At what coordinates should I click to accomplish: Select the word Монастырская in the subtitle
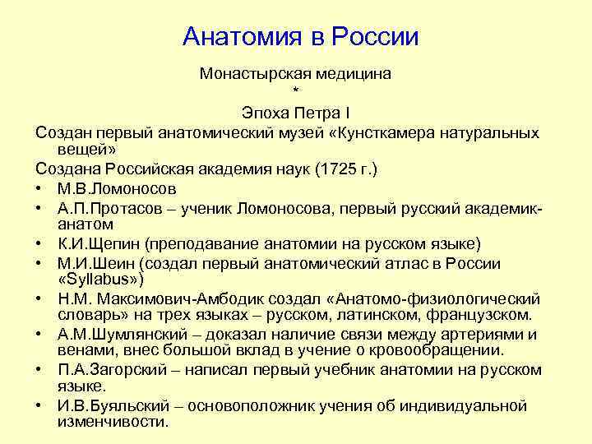(x=250, y=74)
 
